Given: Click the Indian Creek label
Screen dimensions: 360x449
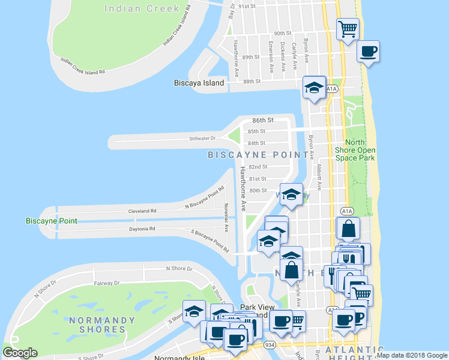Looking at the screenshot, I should tap(142, 8).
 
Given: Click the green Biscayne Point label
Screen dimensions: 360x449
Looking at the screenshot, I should tap(52, 221).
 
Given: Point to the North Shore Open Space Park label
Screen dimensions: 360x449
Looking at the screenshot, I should tap(360, 150).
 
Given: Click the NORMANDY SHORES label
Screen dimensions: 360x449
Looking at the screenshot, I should tap(97, 325).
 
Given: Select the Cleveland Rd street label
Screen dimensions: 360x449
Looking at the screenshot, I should tap(142, 211).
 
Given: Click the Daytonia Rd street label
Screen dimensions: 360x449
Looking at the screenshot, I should tap(142, 229).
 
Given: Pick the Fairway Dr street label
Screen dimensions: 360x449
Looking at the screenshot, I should tap(108, 283).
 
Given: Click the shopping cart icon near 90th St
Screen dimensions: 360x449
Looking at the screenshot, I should tap(348, 28).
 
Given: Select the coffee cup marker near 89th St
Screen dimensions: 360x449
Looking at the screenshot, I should tap(368, 50).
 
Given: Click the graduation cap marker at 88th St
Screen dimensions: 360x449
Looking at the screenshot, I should tap(314, 87).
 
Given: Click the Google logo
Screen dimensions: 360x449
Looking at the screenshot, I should tap(19, 353).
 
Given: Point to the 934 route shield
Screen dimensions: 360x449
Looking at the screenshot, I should tap(267, 345).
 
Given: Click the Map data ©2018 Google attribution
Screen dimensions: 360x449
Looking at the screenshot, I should tap(412, 355).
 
